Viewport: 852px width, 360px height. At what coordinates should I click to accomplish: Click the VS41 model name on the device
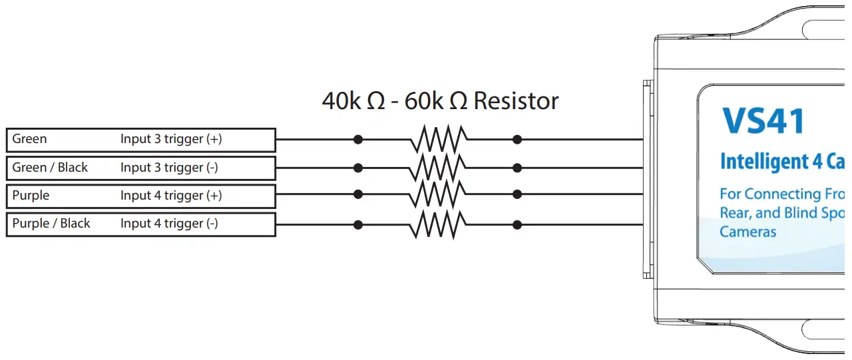763,121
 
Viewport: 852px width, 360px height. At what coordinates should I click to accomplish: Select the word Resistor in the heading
517,101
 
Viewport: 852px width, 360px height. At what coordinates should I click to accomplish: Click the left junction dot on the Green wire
358,140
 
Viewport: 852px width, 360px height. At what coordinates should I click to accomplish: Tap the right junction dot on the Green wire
517,140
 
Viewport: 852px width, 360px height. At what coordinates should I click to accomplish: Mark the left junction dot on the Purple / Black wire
358,225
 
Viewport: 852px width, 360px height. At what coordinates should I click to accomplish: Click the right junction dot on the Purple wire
517,194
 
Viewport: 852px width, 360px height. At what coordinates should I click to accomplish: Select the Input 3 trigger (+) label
171,139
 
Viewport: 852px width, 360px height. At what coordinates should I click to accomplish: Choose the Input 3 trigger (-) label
169,168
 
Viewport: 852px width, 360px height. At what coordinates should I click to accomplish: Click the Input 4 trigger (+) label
171,196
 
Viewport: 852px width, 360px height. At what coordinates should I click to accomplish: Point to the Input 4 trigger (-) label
169,224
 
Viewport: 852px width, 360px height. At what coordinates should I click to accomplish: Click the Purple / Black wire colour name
51,224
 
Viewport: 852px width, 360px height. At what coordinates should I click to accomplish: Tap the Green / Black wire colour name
50,168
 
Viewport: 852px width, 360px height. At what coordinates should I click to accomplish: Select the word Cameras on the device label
748,232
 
